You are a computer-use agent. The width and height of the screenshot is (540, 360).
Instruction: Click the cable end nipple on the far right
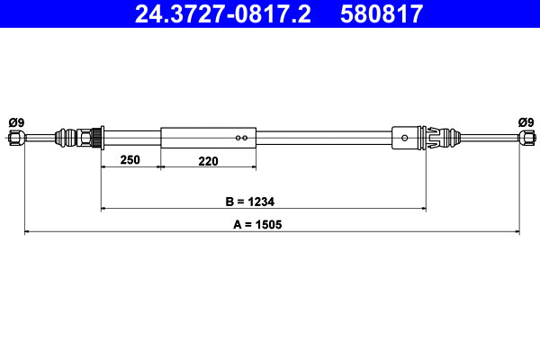[x=525, y=138]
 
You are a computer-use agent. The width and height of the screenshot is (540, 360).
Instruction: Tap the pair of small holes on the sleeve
[x=240, y=138]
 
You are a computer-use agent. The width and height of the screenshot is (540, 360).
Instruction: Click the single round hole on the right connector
[x=406, y=138]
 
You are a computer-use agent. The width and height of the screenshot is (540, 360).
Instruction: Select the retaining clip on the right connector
[x=433, y=138]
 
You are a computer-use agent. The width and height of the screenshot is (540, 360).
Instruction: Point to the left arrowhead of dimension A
[x=27, y=232]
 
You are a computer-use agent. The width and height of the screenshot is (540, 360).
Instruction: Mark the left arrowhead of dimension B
[x=105, y=209]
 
